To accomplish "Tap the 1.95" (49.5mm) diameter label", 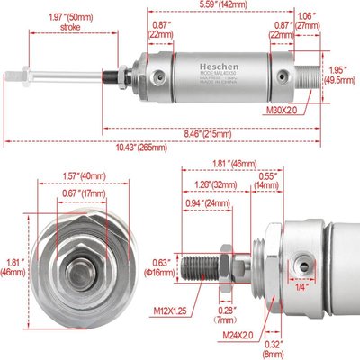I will coord(339,74).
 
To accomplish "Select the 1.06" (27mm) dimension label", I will coord(306,20).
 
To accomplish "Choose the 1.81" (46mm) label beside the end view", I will coord(13,267).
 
